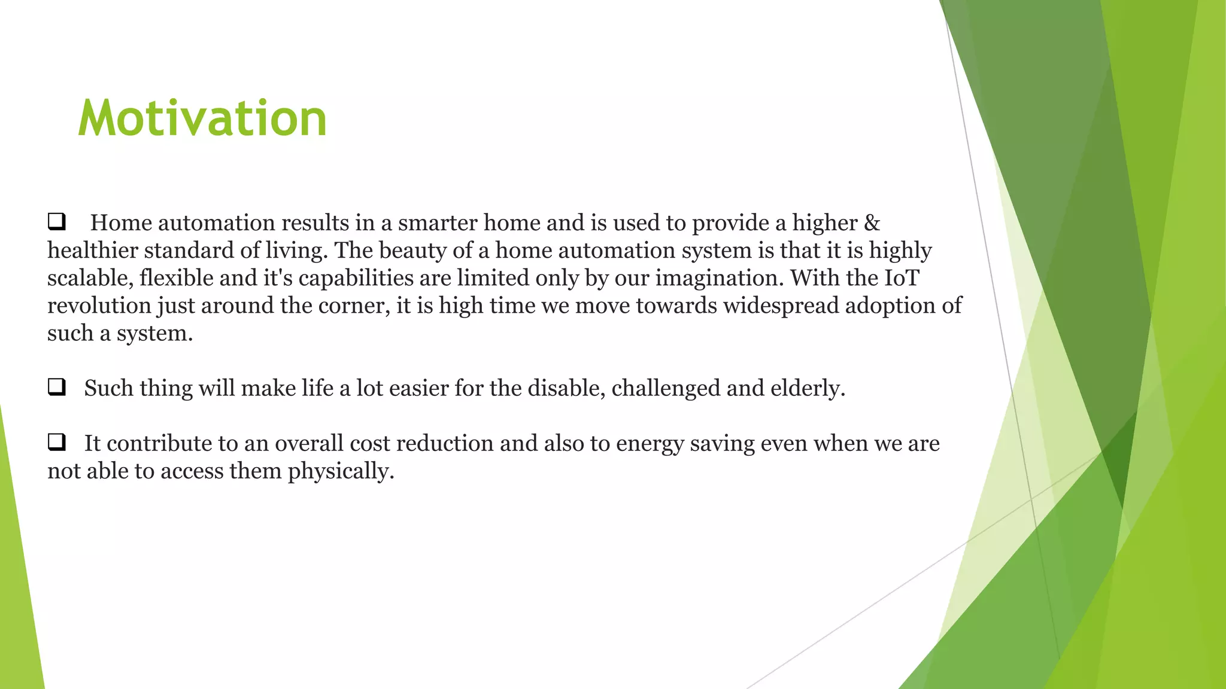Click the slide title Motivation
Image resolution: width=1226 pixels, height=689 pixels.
202,118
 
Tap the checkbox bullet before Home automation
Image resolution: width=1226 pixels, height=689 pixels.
56,222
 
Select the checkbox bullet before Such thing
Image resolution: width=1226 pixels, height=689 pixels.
56,388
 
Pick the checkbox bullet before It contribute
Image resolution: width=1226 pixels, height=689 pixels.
56,443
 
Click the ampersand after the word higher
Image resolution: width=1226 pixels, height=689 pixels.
872,223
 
